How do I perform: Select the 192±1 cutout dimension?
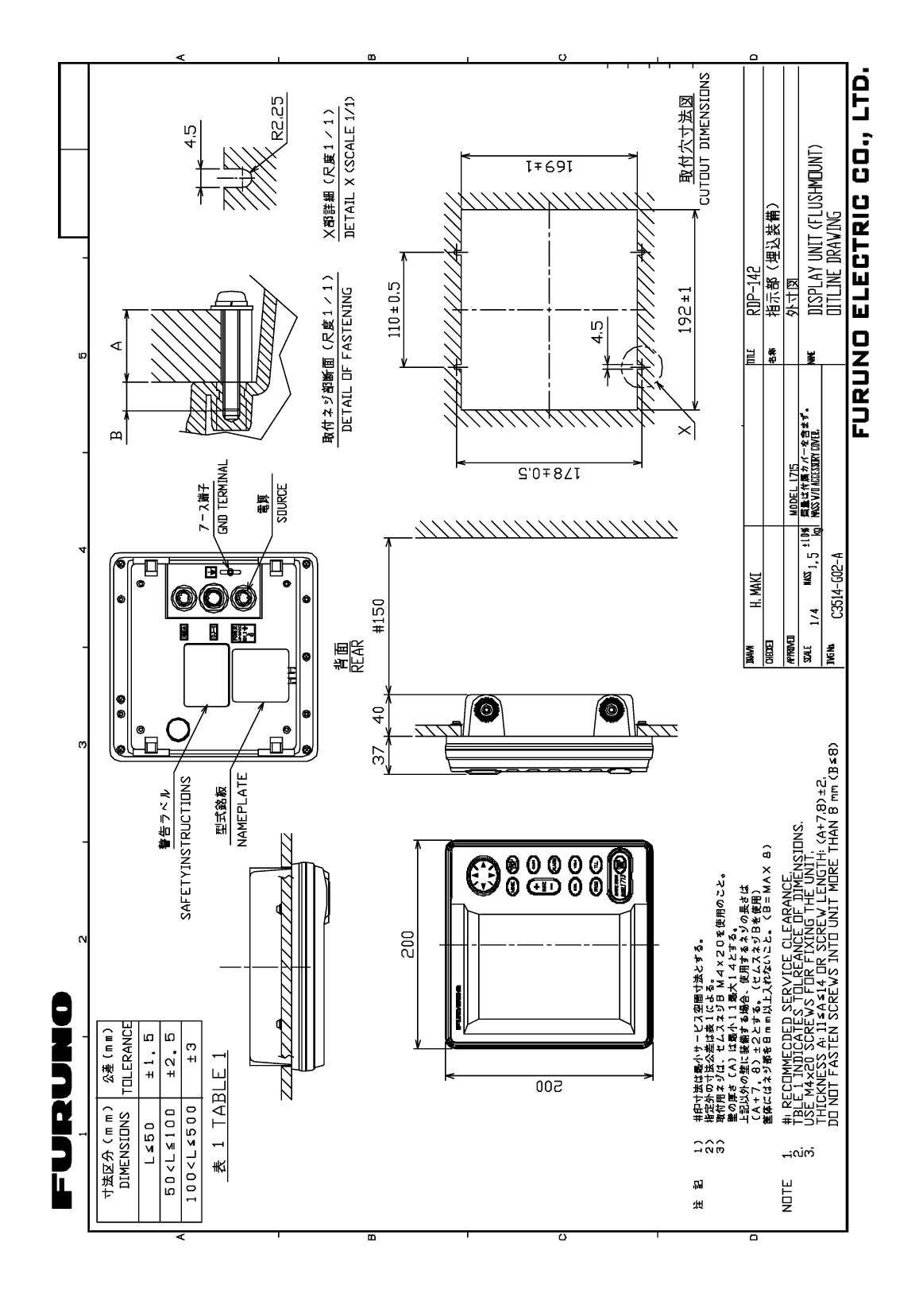(x=687, y=311)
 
